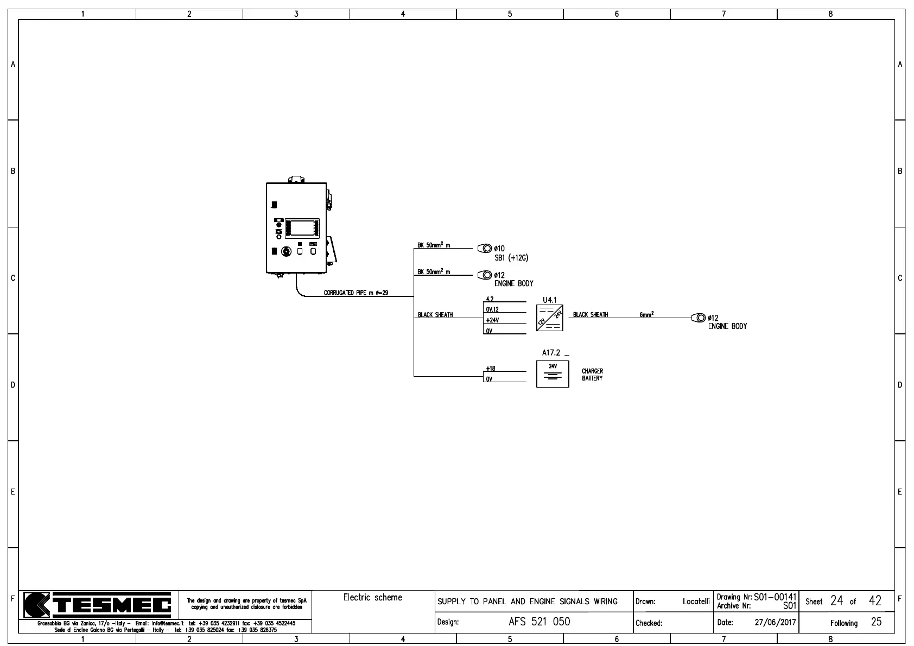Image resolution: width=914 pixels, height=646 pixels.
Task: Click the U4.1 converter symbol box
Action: [549, 318]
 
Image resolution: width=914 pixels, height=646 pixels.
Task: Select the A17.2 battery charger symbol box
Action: [553, 373]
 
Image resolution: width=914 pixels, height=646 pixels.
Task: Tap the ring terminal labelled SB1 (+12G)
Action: [484, 249]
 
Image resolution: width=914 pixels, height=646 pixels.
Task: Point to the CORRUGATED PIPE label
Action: [356, 293]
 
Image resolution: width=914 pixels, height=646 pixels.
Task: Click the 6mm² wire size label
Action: [646, 315]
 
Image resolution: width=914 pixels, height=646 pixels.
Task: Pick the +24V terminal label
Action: [492, 320]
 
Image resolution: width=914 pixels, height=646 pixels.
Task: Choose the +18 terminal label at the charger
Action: [491, 369]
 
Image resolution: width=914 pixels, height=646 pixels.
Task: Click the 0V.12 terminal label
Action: [492, 309]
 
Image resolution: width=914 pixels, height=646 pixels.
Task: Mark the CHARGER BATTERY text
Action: [592, 375]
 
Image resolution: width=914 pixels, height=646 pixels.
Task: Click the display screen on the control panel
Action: [302, 228]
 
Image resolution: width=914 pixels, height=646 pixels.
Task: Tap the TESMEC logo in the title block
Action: [98, 605]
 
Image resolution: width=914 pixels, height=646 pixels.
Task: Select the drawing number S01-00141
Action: [775, 597]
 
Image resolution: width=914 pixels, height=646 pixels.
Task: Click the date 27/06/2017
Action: [775, 623]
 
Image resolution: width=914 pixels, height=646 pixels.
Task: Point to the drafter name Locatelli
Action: [696, 601]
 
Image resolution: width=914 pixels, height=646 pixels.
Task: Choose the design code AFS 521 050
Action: [539, 622]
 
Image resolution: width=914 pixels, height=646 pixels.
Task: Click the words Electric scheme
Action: [373, 598]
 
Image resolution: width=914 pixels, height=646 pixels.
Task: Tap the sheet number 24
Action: [836, 600]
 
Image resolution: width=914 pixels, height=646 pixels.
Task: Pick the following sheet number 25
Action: [876, 622]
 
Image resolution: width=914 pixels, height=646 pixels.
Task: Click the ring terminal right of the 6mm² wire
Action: [699, 318]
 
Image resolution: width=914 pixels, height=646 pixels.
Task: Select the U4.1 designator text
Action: [549, 300]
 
